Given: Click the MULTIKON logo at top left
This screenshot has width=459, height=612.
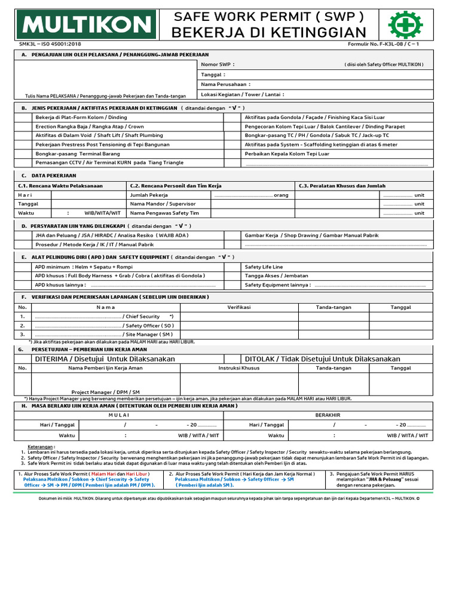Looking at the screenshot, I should [x=87, y=25].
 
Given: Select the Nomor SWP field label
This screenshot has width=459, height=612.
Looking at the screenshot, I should [x=218, y=65].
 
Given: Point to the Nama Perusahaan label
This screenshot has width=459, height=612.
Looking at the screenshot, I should [x=225, y=84].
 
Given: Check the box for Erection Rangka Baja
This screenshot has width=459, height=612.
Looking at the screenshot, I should [x=23, y=127].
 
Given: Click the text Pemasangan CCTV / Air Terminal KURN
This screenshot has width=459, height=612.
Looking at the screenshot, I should [x=90, y=163].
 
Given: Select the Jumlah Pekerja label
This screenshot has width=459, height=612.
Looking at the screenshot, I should [x=149, y=195].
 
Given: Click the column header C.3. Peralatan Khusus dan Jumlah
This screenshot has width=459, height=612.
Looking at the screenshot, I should [x=342, y=186].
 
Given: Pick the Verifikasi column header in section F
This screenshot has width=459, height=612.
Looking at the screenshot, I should [x=238, y=307].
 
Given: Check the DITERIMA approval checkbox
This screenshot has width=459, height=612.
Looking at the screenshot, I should [x=23, y=359].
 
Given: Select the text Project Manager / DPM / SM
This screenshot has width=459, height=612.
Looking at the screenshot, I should [x=105, y=392].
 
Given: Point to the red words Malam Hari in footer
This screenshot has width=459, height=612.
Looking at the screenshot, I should [x=102, y=474].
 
